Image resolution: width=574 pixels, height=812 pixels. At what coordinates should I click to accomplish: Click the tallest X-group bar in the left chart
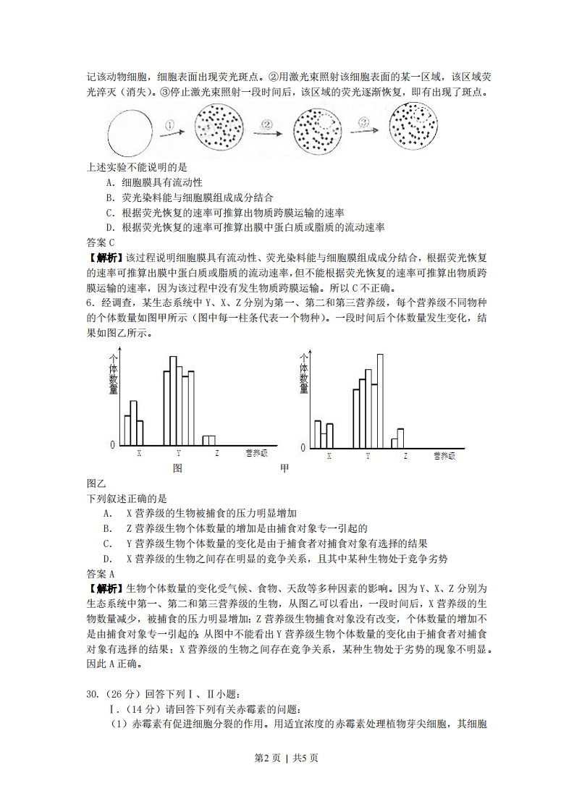pyautogui.click(x=133, y=423)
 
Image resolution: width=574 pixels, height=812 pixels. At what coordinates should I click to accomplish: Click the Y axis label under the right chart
pyautogui.click(x=368, y=457)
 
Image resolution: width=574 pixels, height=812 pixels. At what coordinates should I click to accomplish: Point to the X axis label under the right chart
pyautogui.click(x=329, y=457)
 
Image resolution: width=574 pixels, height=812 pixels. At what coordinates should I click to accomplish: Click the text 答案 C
pyautogui.click(x=101, y=242)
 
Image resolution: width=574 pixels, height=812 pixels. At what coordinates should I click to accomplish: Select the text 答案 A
pyautogui.click(x=101, y=573)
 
